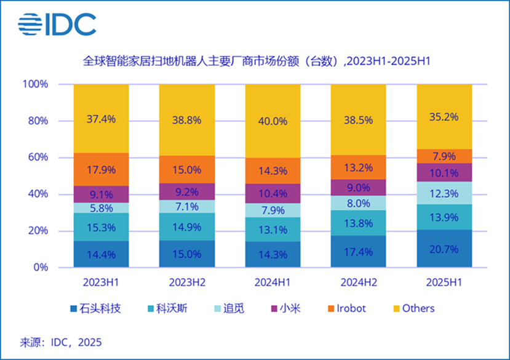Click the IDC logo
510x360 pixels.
point(57,25)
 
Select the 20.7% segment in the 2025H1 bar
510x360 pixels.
point(444,249)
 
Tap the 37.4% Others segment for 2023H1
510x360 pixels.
point(101,119)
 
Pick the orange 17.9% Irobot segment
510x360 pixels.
point(101,169)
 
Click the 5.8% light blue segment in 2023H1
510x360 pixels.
point(101,208)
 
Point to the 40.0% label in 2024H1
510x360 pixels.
point(273,121)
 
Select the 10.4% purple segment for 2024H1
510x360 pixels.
point(273,193)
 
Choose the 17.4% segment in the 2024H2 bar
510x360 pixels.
point(359,252)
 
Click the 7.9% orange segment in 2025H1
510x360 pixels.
point(444,156)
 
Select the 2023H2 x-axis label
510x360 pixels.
point(187,283)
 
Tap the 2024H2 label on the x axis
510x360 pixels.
point(359,283)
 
